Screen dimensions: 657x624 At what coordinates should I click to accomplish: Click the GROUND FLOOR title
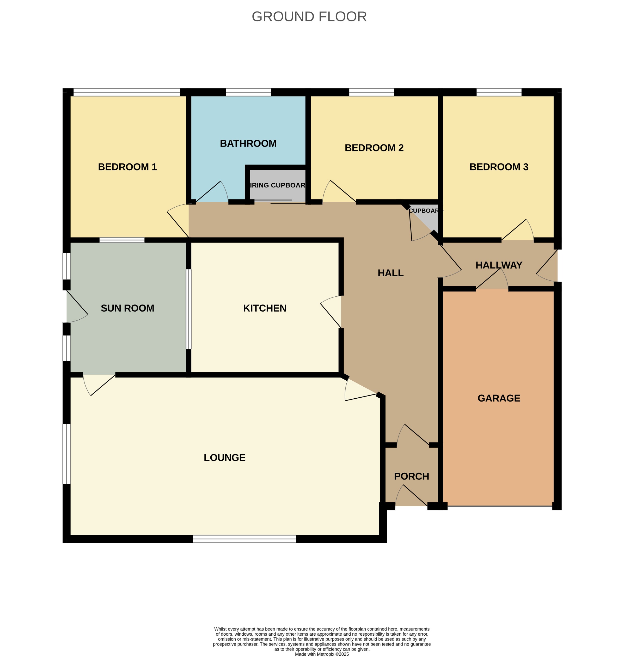309,17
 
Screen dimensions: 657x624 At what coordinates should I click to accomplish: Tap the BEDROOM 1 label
127,167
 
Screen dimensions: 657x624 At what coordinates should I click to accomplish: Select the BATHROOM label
248,144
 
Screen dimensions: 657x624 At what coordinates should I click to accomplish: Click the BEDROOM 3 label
499,167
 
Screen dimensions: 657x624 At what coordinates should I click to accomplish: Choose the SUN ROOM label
127,308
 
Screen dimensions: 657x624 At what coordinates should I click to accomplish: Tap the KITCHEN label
265,308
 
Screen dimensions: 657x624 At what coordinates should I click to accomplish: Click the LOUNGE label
224,458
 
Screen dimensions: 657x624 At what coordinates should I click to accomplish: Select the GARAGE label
499,398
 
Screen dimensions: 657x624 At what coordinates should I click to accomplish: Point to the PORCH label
412,476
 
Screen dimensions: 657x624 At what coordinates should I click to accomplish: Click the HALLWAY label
499,265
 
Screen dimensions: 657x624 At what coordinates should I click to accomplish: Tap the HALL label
390,273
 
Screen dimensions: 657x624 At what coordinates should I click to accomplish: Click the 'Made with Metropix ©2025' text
322,654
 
